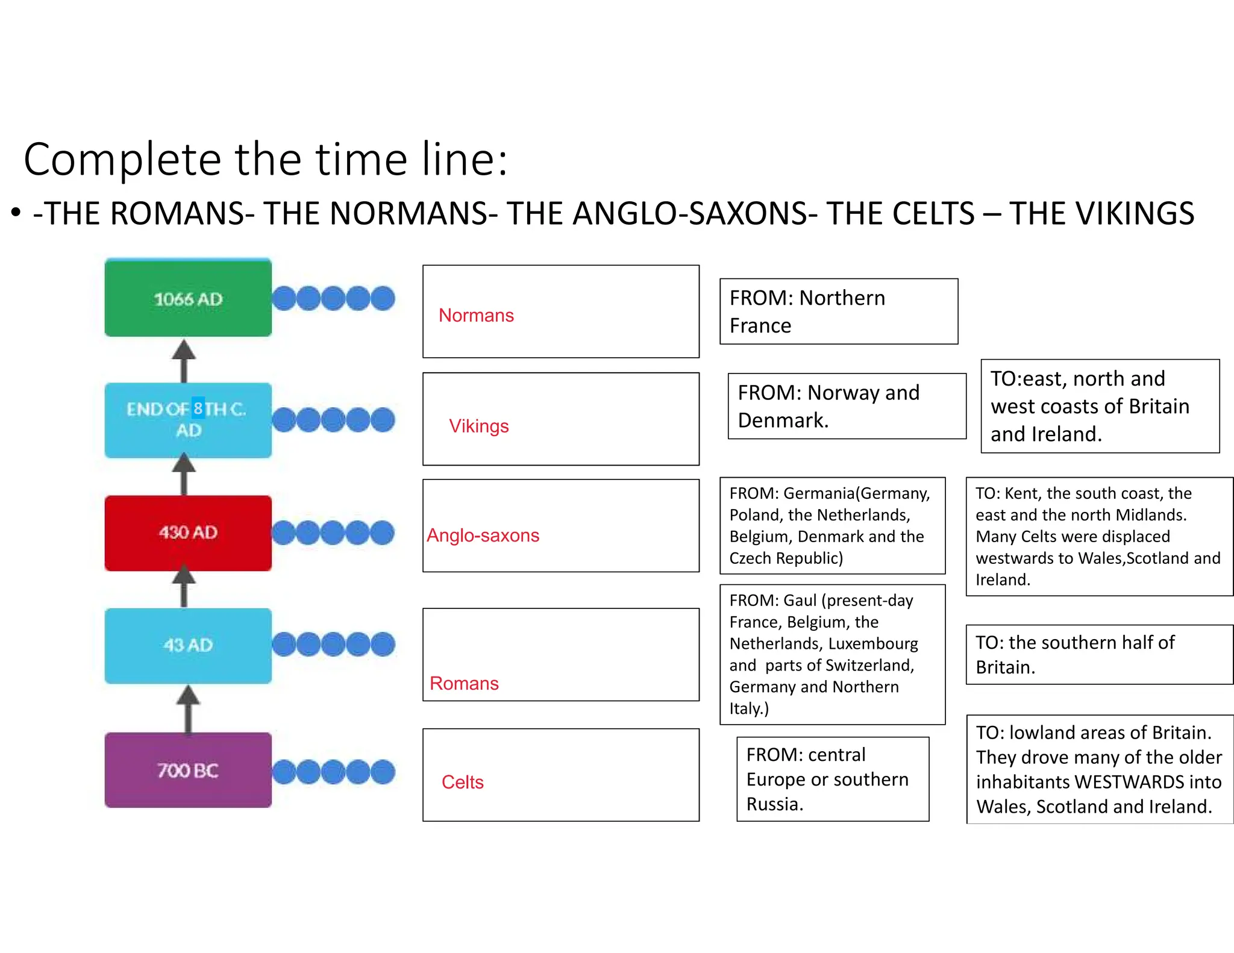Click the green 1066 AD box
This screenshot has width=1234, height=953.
click(x=187, y=298)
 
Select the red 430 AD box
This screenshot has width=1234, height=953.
click(x=187, y=533)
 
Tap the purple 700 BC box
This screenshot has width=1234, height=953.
click(x=187, y=770)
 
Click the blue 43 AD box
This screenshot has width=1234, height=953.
click(x=187, y=645)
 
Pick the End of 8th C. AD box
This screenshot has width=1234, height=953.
click(x=187, y=420)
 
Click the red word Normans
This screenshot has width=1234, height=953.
click(x=476, y=315)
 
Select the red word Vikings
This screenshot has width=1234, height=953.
click(x=478, y=426)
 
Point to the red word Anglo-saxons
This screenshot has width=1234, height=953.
click(x=483, y=535)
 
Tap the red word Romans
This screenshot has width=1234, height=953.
click(x=464, y=683)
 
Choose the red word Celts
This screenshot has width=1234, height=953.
click(x=462, y=782)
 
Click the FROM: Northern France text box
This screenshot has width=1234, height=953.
click(x=838, y=311)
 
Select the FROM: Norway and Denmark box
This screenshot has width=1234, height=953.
click(x=846, y=406)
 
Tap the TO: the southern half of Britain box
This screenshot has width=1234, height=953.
click(x=1098, y=654)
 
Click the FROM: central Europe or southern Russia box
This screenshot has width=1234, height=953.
click(x=832, y=779)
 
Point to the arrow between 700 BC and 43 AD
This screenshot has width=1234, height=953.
click(x=188, y=708)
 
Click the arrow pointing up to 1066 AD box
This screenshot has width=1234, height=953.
click(x=184, y=360)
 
